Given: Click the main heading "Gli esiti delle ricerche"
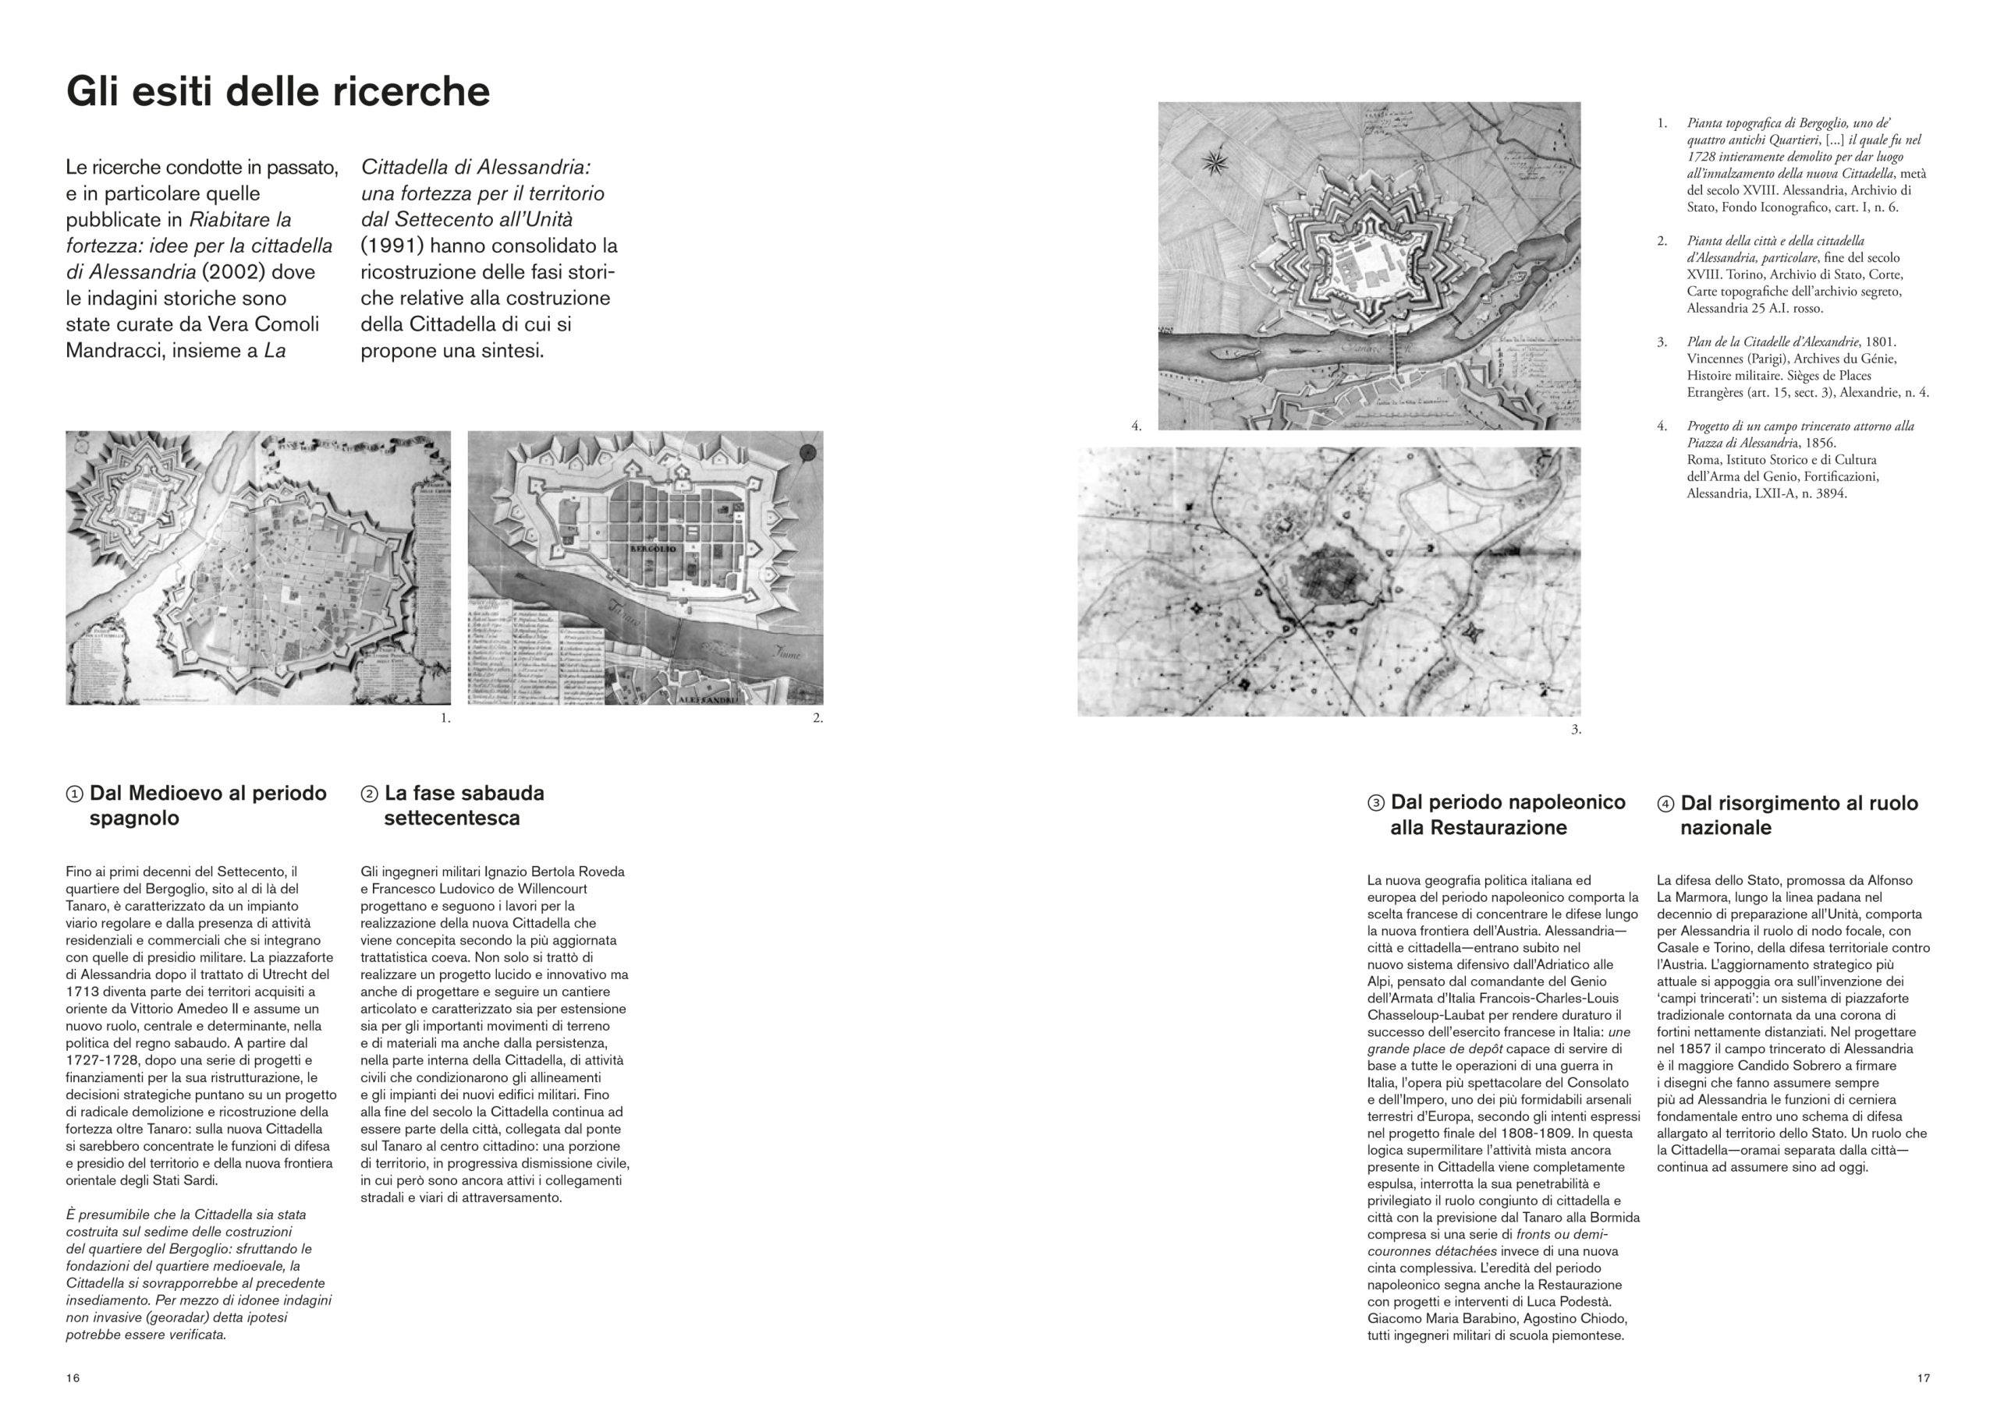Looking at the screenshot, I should click(x=278, y=92).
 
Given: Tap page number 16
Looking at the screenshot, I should click(x=73, y=1378).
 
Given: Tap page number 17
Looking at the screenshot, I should click(x=1923, y=1378).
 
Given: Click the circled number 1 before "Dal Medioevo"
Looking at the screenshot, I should click(x=75, y=794).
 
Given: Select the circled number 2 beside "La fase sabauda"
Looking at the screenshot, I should click(x=369, y=794).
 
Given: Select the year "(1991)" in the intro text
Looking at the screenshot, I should click(x=390, y=246).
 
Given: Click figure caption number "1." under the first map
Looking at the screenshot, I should click(x=445, y=718).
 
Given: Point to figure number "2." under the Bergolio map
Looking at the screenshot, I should click(x=818, y=718).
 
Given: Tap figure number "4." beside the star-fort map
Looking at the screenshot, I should click(x=1136, y=426).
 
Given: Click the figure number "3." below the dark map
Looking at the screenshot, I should click(x=1575, y=730).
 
